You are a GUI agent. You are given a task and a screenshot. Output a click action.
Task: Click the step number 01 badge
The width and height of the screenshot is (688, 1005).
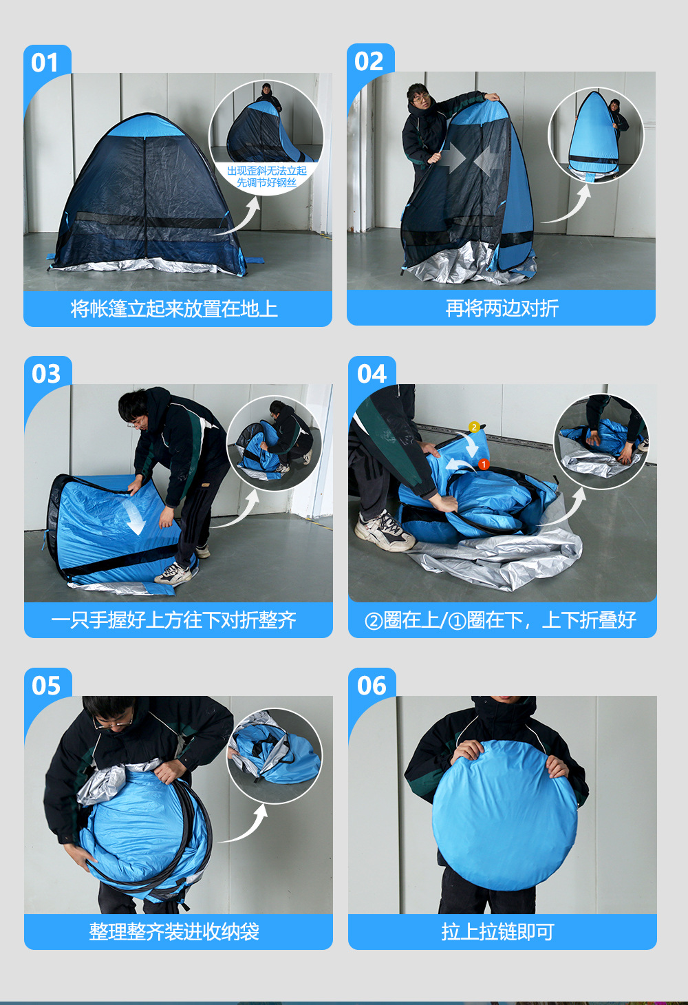(x=45, y=63)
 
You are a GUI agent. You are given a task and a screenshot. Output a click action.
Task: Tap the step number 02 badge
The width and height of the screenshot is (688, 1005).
(x=369, y=61)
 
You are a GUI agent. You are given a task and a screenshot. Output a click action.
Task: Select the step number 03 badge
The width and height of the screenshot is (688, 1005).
(x=45, y=373)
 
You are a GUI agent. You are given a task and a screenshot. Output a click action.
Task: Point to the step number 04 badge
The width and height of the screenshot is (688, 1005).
(x=372, y=373)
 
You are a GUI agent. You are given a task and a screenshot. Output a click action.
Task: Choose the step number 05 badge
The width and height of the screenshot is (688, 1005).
(x=45, y=685)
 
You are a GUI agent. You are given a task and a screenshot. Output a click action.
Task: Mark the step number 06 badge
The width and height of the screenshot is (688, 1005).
(x=372, y=685)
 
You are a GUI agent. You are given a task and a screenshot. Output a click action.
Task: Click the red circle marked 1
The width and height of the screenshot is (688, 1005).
(x=484, y=464)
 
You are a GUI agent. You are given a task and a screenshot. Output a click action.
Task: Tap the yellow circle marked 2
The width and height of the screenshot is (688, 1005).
(x=474, y=427)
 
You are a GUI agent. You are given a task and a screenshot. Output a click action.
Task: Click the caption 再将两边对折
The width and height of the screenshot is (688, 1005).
(x=502, y=308)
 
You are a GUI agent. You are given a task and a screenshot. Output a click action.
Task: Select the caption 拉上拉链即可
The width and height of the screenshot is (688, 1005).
(x=498, y=932)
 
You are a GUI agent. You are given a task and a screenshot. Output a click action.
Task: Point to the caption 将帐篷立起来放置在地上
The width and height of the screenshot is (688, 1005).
(x=174, y=308)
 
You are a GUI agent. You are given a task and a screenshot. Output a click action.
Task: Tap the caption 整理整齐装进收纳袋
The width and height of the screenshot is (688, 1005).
(x=174, y=932)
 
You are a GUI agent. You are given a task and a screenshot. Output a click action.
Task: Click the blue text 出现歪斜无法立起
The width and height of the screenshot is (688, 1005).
(x=267, y=171)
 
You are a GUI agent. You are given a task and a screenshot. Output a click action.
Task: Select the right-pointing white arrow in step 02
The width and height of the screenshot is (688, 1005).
(x=453, y=158)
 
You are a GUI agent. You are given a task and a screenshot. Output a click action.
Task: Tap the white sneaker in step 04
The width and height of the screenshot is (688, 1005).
(x=384, y=531)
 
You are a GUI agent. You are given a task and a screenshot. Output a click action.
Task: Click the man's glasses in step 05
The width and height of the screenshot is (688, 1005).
(x=112, y=723)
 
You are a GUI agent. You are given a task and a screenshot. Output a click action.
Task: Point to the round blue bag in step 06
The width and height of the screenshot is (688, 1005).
(x=504, y=815)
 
